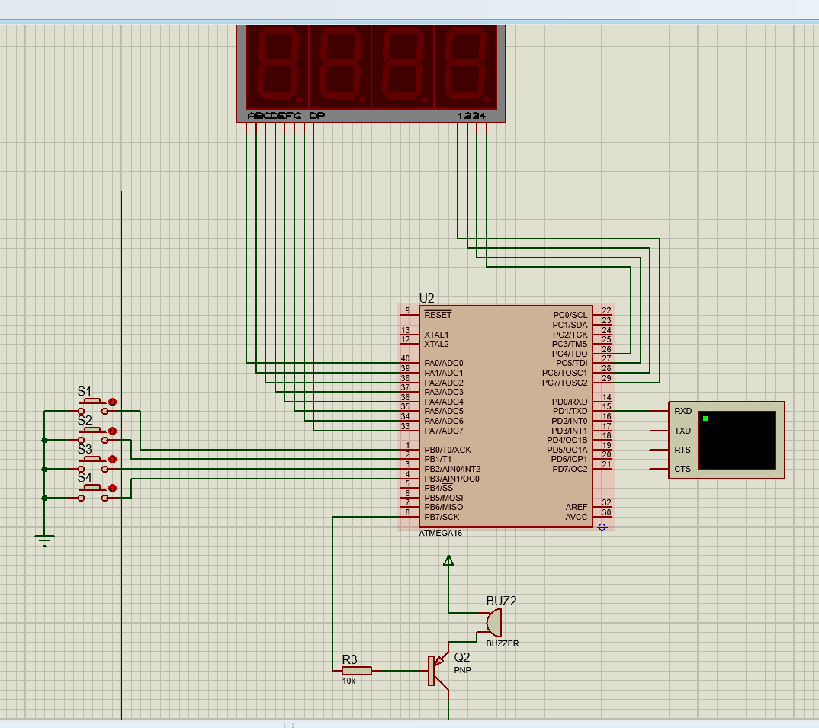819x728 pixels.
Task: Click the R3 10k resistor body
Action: tap(356, 670)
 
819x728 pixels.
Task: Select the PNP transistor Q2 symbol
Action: tap(436, 671)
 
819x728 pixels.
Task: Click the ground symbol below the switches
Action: tap(45, 542)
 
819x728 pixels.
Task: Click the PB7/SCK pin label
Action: tap(443, 517)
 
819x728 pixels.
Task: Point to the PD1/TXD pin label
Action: tap(570, 411)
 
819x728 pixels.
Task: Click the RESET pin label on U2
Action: tap(438, 315)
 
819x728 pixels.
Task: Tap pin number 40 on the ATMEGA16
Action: tap(406, 358)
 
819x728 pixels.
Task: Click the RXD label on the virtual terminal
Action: tap(682, 411)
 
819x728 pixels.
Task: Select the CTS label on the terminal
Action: tap(682, 469)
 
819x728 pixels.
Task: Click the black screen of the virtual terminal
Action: tap(736, 441)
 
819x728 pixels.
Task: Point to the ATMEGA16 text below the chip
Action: tap(440, 534)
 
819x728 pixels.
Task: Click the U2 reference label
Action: tap(426, 297)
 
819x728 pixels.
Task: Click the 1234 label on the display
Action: tap(471, 116)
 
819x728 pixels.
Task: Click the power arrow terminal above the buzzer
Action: tap(448, 562)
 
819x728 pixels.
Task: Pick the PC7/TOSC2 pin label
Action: tap(564, 382)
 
